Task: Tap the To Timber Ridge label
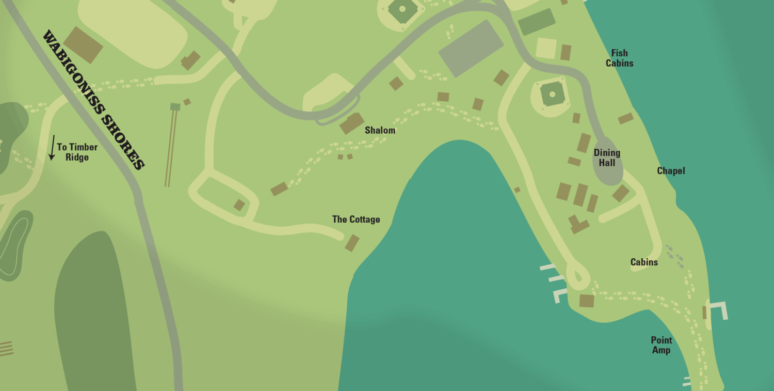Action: (77, 152)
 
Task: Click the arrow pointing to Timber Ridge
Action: (52, 148)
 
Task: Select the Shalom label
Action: (380, 130)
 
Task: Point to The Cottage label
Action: (356, 220)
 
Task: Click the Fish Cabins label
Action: (619, 58)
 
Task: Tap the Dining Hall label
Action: (607, 158)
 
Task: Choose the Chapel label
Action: (671, 171)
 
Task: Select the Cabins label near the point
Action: (644, 262)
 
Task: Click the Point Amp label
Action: (661, 345)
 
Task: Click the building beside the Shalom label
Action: (351, 123)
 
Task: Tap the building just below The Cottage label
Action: (352, 243)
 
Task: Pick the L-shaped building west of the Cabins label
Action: (578, 225)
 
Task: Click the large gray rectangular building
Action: (471, 48)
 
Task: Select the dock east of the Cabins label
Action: (718, 310)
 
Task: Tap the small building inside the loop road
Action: (239, 205)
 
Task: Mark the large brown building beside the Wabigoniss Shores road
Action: (83, 45)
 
